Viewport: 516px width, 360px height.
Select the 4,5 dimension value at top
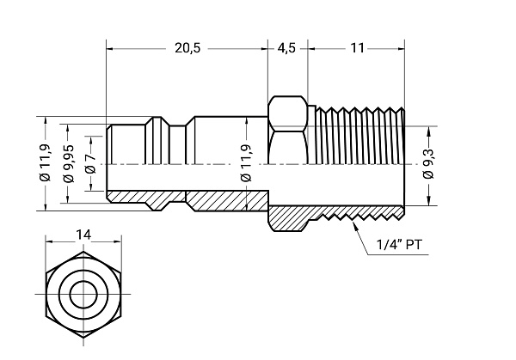(286, 48)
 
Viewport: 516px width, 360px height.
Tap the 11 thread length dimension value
(357, 48)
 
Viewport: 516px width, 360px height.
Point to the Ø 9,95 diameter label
(68, 162)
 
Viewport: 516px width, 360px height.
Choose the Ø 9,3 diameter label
(427, 163)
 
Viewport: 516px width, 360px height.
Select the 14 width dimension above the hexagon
(83, 234)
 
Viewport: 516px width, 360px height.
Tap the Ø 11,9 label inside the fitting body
(246, 163)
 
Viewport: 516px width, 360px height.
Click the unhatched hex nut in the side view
(287, 129)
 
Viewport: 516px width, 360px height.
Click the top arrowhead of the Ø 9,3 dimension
(427, 130)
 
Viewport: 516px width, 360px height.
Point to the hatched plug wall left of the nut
(215, 200)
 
